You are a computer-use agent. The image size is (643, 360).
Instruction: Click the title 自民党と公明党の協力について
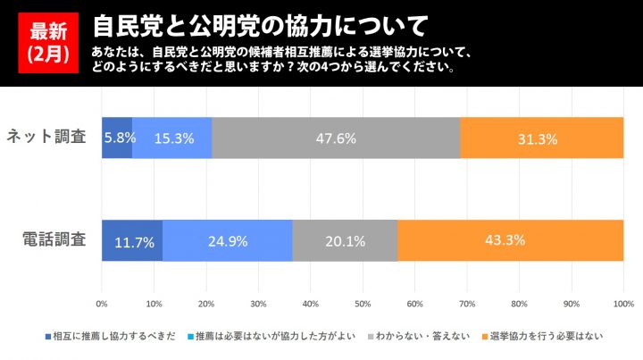coord(259,22)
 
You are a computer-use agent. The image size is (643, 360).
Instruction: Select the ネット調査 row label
coord(46,138)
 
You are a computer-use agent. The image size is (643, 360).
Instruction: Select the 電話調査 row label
coord(54,239)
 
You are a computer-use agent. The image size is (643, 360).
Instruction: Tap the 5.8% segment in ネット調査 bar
coord(117,138)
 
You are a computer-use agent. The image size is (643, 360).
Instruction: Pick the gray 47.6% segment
coord(337,138)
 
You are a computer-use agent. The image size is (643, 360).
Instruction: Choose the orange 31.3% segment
coord(542,138)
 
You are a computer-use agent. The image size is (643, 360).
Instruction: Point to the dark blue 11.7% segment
coord(132,240)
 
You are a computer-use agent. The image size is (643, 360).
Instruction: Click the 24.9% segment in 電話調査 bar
coord(228,240)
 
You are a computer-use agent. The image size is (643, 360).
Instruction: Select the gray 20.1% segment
coord(345,240)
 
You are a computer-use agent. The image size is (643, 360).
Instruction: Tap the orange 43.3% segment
coord(510,240)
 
